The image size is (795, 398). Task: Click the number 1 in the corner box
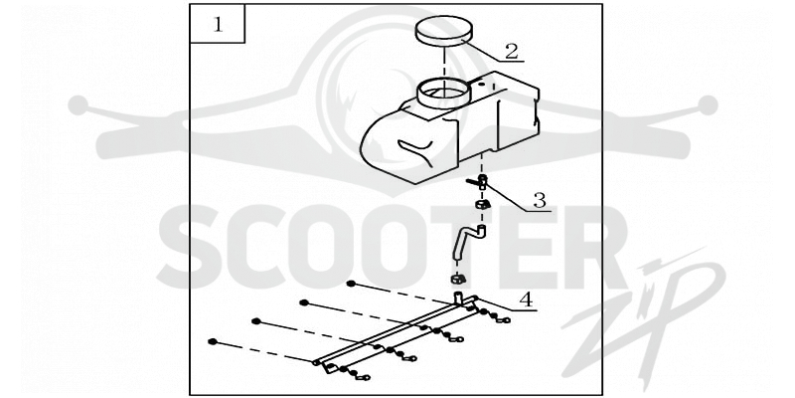pyautogui.click(x=218, y=24)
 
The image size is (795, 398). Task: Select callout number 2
pyautogui.click(x=511, y=51)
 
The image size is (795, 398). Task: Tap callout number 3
pyautogui.click(x=539, y=201)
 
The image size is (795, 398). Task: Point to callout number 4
pyautogui.click(x=527, y=299)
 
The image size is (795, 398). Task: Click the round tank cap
pyautogui.click(x=443, y=31)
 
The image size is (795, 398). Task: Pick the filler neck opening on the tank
pyautogui.click(x=443, y=94)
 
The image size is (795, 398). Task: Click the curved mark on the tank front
pyautogui.click(x=415, y=152)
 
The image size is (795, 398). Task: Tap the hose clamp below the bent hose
pyautogui.click(x=457, y=279)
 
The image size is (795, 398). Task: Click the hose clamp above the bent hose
pyautogui.click(x=482, y=205)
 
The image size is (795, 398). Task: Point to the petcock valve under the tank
pyautogui.click(x=478, y=182)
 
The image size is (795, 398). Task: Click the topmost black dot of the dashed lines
pyautogui.click(x=351, y=284)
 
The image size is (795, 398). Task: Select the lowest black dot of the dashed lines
pyautogui.click(x=213, y=341)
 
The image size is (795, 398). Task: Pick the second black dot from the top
pyautogui.click(x=304, y=302)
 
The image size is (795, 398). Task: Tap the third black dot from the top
pyautogui.click(x=256, y=321)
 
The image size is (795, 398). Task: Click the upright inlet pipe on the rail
pyautogui.click(x=458, y=298)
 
